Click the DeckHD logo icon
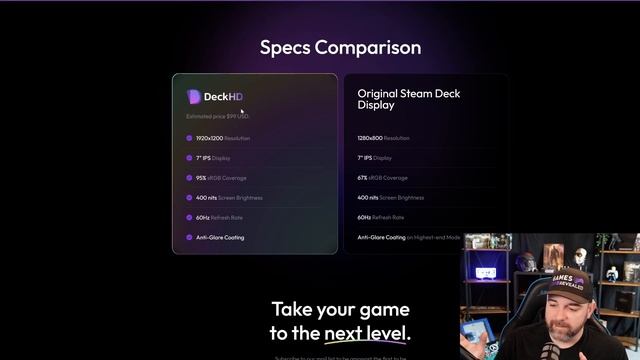194,96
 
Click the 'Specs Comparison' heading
340,47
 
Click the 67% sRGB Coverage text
382,178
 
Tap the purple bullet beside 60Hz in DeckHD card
188,217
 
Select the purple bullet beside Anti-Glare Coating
188,237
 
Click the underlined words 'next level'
365,333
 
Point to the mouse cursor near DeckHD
241,110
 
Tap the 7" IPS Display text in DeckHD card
213,158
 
